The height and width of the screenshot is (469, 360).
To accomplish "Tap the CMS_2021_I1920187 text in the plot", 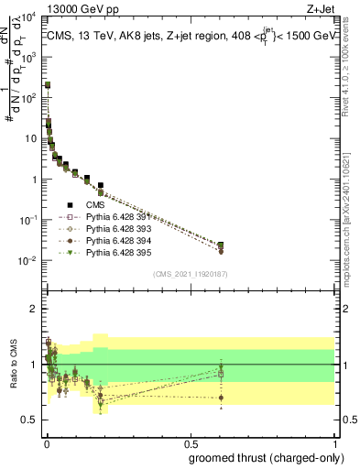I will (x=191, y=274).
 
